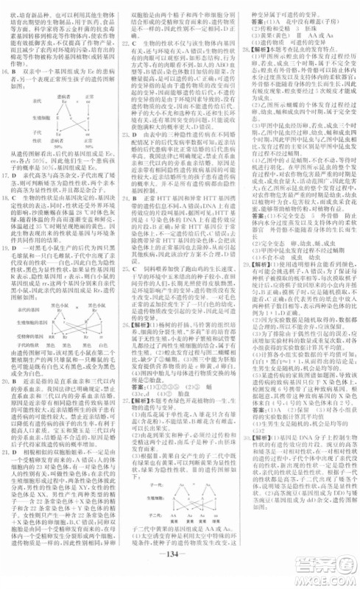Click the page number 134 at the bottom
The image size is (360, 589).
179,575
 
